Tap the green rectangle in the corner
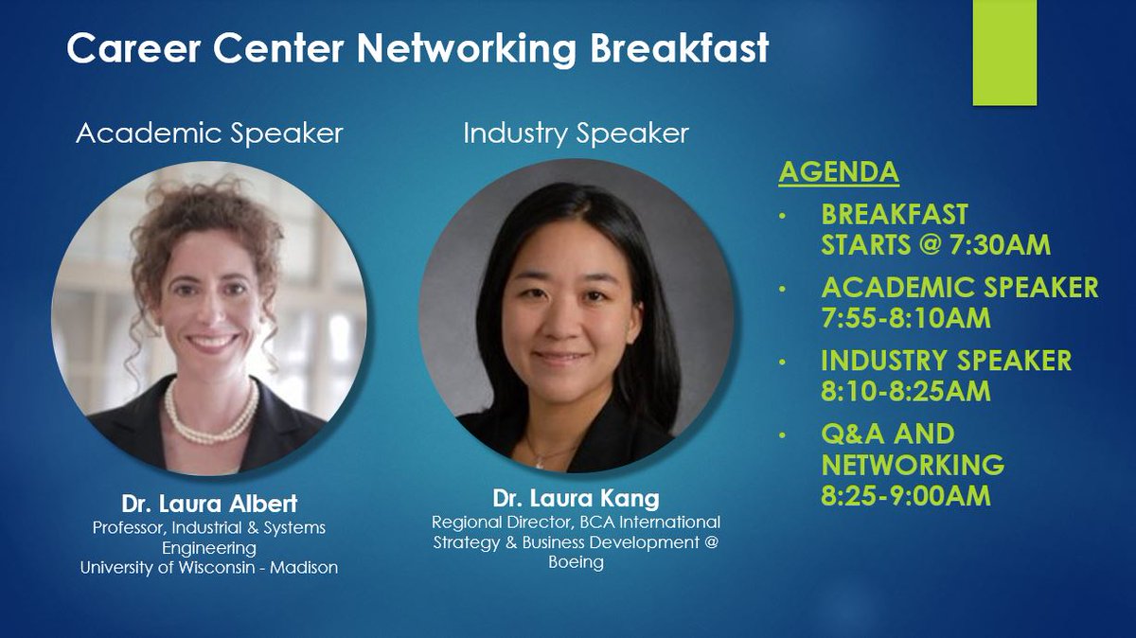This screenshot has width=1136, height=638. click(x=1004, y=52)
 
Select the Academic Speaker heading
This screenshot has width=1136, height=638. click(x=209, y=133)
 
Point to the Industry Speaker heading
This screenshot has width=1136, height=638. click(x=576, y=133)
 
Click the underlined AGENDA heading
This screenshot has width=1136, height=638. click(x=838, y=172)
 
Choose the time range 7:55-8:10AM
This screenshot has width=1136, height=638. click(x=906, y=317)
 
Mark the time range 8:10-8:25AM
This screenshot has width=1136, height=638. click(x=906, y=390)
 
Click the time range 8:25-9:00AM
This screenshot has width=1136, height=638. click(x=906, y=495)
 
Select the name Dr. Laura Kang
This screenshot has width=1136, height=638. click(x=575, y=499)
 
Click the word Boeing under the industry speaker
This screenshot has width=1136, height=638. click(x=575, y=562)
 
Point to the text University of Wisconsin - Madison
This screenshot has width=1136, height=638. click(x=208, y=568)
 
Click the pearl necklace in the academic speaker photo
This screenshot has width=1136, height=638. click(x=211, y=417)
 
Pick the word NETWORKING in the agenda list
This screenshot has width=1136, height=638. click(x=913, y=465)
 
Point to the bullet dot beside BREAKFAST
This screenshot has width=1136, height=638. click(x=782, y=216)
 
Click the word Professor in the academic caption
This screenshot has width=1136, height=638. click(x=128, y=527)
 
